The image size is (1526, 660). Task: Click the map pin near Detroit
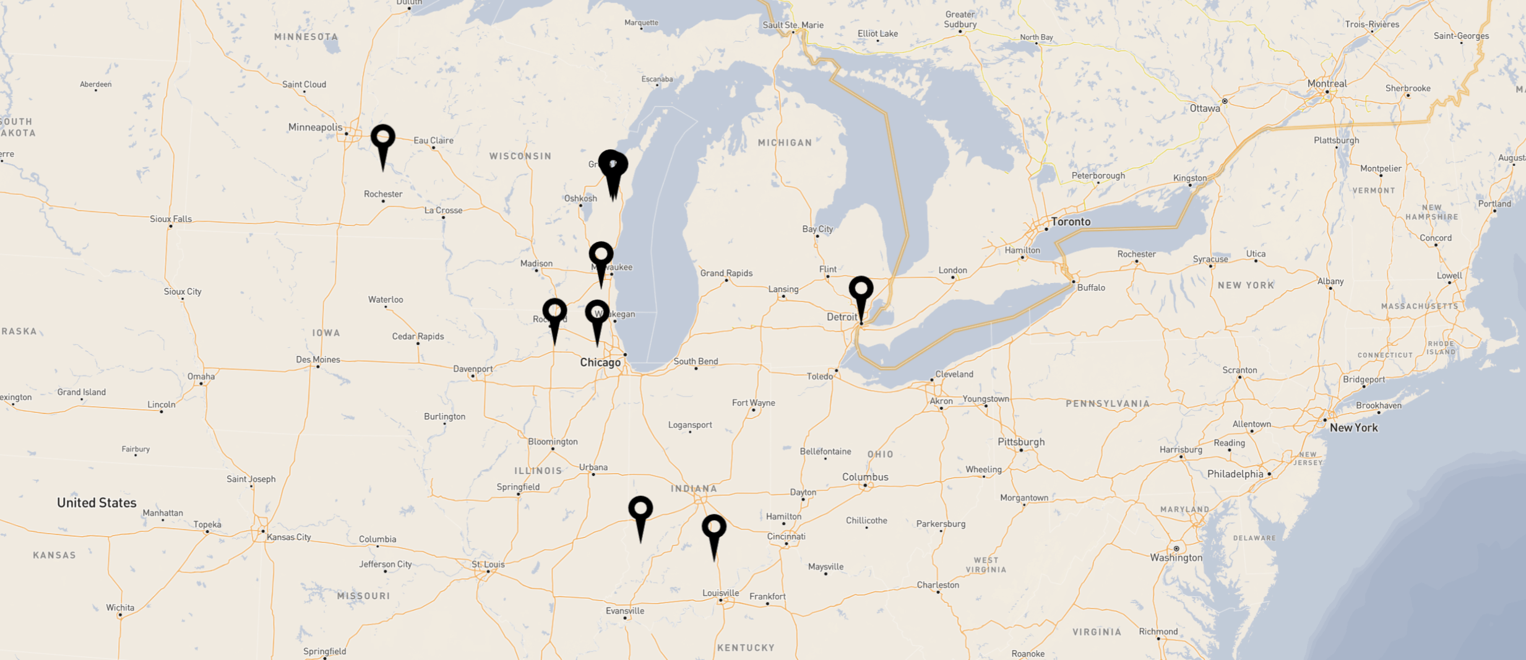(861, 290)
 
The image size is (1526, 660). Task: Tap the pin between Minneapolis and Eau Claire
(383, 137)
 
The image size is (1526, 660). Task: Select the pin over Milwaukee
(601, 255)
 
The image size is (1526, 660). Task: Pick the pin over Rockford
(554, 311)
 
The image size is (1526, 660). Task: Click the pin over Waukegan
(597, 313)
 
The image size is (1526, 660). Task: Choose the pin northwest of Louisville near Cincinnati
(713, 528)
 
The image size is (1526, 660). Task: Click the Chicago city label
(600, 363)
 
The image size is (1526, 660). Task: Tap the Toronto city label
(1071, 222)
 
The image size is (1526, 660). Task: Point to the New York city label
(1353, 428)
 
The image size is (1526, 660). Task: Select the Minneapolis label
(315, 128)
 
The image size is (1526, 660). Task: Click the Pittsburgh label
(1021, 442)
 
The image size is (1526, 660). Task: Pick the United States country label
(97, 503)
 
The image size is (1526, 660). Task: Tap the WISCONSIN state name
(520, 156)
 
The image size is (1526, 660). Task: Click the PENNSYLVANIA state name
(1108, 404)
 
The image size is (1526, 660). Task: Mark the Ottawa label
(1205, 108)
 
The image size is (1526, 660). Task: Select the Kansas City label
(288, 537)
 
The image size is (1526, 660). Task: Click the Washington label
(1176, 558)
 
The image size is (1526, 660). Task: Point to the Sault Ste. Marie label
(793, 25)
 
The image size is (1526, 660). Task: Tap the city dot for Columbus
(865, 485)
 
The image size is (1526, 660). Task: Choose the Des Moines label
(317, 360)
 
